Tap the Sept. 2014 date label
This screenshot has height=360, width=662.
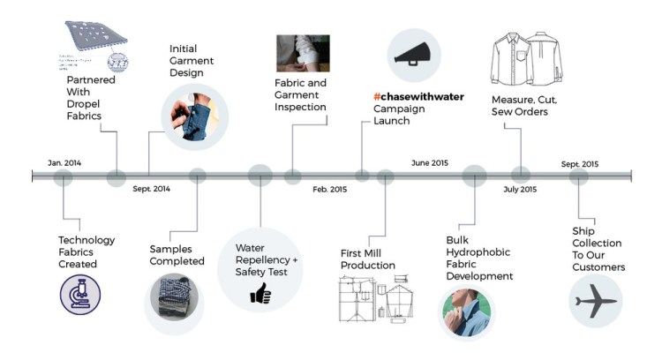(x=152, y=188)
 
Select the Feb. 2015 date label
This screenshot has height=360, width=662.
(x=329, y=189)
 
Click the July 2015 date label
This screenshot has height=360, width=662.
(x=520, y=189)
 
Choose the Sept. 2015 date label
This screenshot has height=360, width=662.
(x=580, y=163)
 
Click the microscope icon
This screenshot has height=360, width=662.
(x=75, y=292)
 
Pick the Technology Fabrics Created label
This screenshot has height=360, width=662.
(x=87, y=251)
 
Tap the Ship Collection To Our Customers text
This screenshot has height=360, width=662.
(x=598, y=249)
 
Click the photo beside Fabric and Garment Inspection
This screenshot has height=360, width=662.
(x=301, y=54)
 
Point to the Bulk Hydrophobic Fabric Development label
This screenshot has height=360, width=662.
(x=479, y=257)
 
